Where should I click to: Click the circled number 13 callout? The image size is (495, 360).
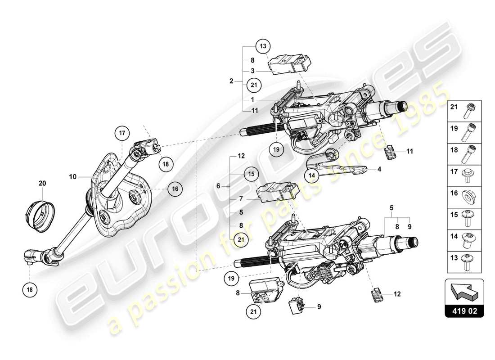tap(263, 46)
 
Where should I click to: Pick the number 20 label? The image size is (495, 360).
tap(42, 183)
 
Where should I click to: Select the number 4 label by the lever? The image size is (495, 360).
tap(379, 170)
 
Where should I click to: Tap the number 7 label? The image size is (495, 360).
tap(241, 198)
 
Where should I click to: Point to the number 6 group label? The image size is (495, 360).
tap(218, 186)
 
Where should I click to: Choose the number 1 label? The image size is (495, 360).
tap(253, 99)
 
